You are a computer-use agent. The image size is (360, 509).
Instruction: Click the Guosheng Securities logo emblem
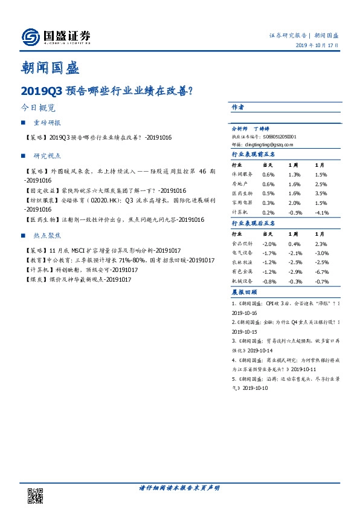(30, 37)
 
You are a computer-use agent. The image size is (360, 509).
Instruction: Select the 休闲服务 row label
(243, 175)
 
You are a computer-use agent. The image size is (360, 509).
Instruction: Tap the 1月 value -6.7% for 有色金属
(321, 273)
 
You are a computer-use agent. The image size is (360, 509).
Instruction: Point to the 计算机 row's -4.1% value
(321, 212)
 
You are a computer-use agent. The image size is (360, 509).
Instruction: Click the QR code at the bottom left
(36, 494)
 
